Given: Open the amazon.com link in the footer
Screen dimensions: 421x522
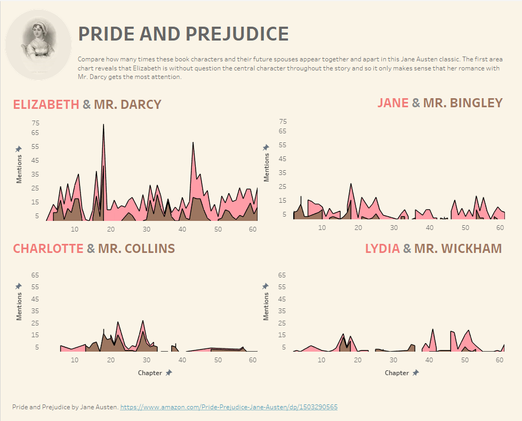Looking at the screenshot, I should click(228, 407).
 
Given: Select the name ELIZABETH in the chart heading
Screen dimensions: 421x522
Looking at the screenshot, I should click(46, 105).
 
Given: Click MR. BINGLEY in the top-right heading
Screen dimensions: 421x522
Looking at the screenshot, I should click(463, 103).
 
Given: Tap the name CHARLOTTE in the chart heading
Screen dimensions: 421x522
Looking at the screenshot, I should click(48, 249).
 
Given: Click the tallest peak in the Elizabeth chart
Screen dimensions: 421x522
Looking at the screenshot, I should click(103, 125).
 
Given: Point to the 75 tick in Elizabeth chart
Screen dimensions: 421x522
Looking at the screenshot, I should click(36, 123).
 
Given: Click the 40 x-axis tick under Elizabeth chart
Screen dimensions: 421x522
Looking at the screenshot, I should click(182, 229).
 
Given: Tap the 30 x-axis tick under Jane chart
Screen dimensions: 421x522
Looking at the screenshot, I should click(393, 227).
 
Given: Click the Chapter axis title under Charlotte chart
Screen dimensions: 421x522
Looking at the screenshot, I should click(150, 373).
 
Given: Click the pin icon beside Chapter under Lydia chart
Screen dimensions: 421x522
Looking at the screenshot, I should click(415, 373).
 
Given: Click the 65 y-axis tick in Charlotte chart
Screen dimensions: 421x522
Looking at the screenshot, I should click(36, 275).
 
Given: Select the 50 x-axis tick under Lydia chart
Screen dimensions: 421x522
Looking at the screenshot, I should click(464, 360).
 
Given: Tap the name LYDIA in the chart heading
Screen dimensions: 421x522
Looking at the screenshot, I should click(382, 249).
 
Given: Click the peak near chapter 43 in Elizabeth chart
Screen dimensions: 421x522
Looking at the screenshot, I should click(192, 142).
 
